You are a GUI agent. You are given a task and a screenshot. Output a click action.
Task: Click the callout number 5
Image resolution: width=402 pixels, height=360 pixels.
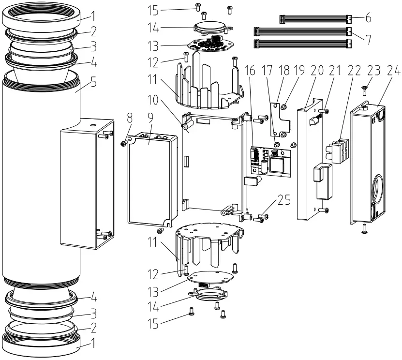coord(93,82)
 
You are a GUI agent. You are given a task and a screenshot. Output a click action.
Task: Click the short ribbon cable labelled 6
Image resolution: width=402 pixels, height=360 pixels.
coord(314,19)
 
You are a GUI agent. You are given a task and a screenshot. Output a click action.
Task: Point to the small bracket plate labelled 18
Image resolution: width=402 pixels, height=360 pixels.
coord(281,116)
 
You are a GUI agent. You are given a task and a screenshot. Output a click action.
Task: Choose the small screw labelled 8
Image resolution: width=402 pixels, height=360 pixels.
coord(124,143)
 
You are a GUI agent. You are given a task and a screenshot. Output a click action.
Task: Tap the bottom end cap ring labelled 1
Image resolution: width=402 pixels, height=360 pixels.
coord(44,345)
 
